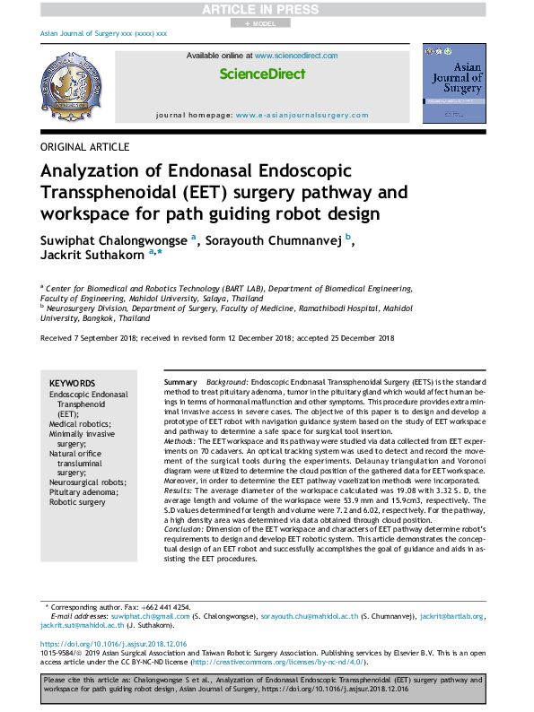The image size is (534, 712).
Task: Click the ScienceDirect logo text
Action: click(x=262, y=74)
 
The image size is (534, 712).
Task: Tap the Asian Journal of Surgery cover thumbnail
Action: click(x=454, y=83)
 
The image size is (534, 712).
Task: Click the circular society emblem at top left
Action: click(x=71, y=89)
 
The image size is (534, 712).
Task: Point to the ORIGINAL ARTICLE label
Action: click(x=85, y=147)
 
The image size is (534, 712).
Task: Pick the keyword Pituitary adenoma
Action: click(x=83, y=492)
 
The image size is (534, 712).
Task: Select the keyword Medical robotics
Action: click(x=80, y=424)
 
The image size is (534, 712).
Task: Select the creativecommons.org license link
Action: click(x=272, y=663)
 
